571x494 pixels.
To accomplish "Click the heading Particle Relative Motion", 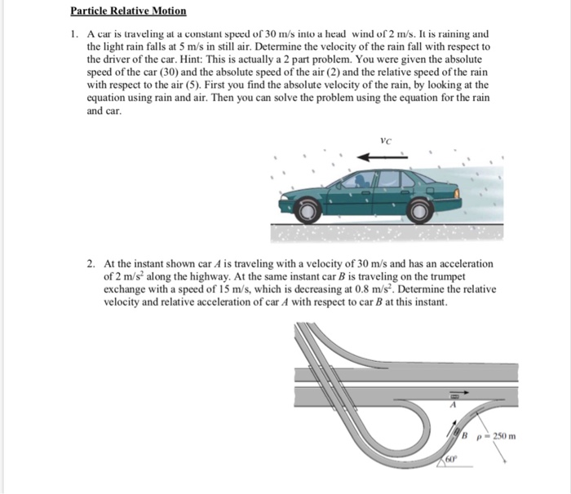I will [128, 11].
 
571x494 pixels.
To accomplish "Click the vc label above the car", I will [385, 141].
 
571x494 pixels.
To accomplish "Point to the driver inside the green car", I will [359, 180].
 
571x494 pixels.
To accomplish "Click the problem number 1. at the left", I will [73, 35].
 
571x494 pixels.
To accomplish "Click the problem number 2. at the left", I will [92, 264].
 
